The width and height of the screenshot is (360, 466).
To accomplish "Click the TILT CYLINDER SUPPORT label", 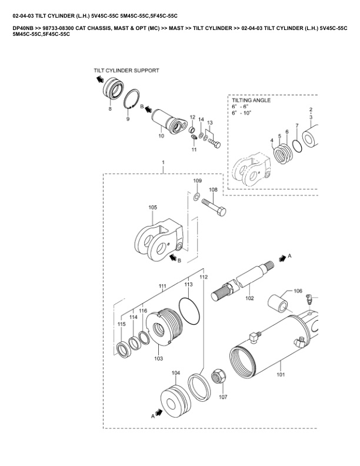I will (x=126, y=70).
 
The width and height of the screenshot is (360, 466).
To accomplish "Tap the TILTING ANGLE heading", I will (x=251, y=101).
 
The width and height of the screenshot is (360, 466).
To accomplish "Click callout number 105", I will (x=152, y=207).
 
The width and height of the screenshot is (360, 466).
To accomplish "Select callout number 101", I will (x=280, y=374).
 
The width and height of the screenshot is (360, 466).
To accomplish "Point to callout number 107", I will (x=223, y=397).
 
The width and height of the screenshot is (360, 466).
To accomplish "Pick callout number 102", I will (x=249, y=298).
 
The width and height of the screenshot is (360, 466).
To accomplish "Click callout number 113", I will (x=188, y=284).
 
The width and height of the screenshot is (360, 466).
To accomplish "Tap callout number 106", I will (x=298, y=291).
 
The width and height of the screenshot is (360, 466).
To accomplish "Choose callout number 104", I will (x=176, y=373).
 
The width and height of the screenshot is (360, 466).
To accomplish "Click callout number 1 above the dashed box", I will (x=163, y=162).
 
